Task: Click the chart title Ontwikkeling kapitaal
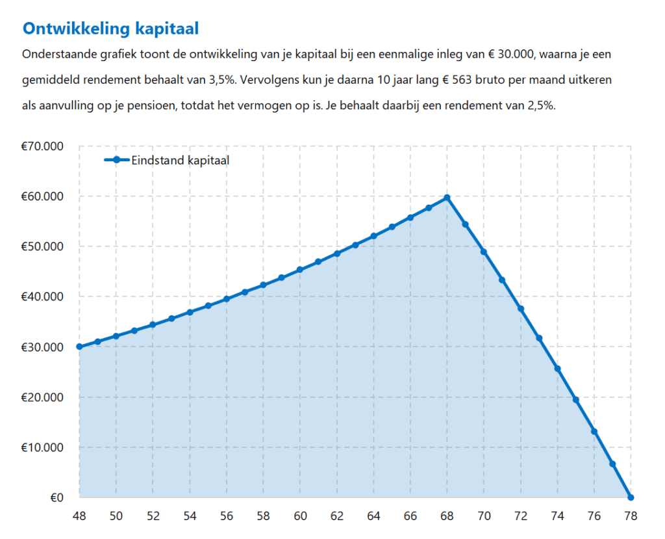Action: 110,29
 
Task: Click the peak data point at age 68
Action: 447,197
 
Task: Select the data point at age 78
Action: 631,497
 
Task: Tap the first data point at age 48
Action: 79,347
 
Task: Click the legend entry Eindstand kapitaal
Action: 180,160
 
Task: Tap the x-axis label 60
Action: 299,516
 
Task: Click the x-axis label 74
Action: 557,516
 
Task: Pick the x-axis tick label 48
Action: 79,516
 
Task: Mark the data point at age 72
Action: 520,309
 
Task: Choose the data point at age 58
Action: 263,285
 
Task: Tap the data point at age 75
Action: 575,400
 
